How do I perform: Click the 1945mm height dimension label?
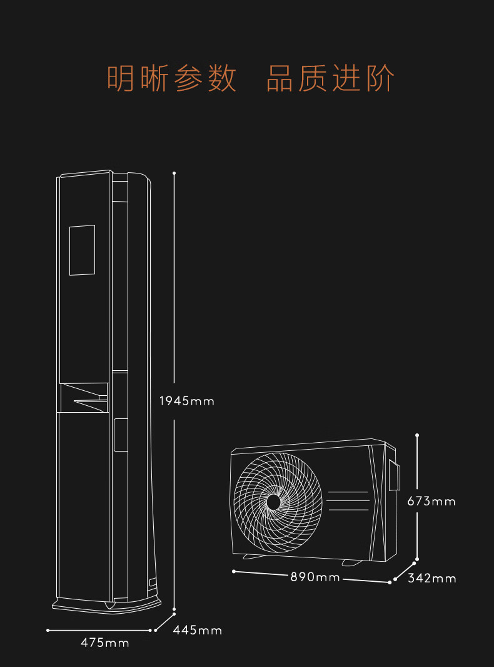pos(186,401)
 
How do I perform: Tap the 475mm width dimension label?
pos(105,643)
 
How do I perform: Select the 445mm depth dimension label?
pos(198,630)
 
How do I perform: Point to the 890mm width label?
pos(315,577)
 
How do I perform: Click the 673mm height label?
pos(431,501)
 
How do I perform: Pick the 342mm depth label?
pos(432,578)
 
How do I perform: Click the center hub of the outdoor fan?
pos(274,502)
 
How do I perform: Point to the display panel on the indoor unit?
pos(82,250)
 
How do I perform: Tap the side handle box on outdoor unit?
pos(394,475)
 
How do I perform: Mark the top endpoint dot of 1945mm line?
pos(174,173)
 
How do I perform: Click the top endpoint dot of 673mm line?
pos(417,435)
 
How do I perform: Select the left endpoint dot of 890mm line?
pos(233,571)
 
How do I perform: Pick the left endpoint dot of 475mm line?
pos(48,630)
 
